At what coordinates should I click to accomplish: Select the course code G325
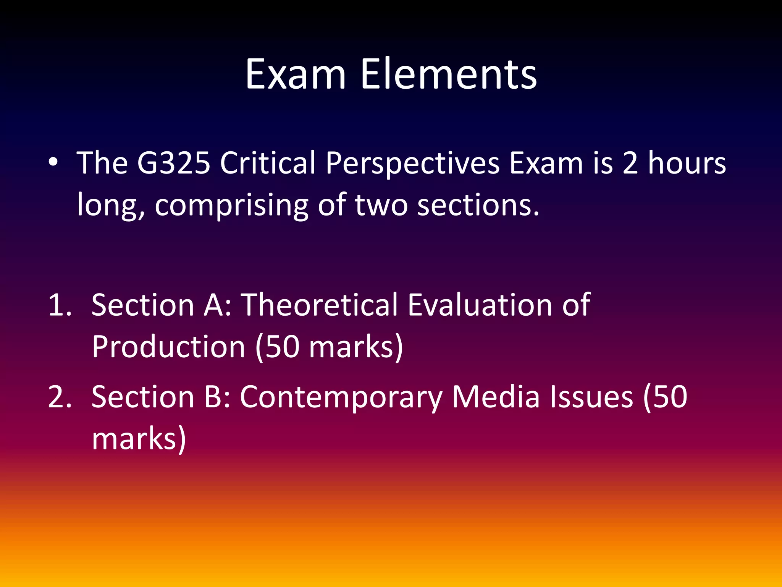174,163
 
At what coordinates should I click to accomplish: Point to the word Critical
268,163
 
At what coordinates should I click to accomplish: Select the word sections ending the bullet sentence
478,205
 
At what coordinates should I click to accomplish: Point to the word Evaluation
480,305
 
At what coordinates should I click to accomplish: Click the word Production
168,347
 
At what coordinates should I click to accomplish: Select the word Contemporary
341,397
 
